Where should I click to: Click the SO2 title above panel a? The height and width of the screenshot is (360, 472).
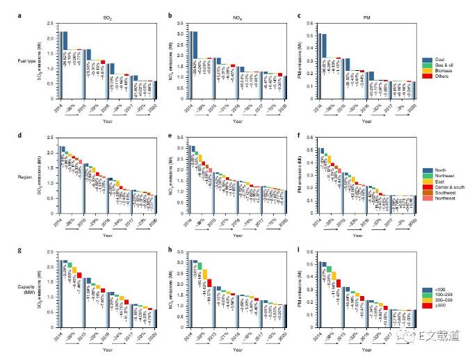pyautogui.click(x=102, y=13)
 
